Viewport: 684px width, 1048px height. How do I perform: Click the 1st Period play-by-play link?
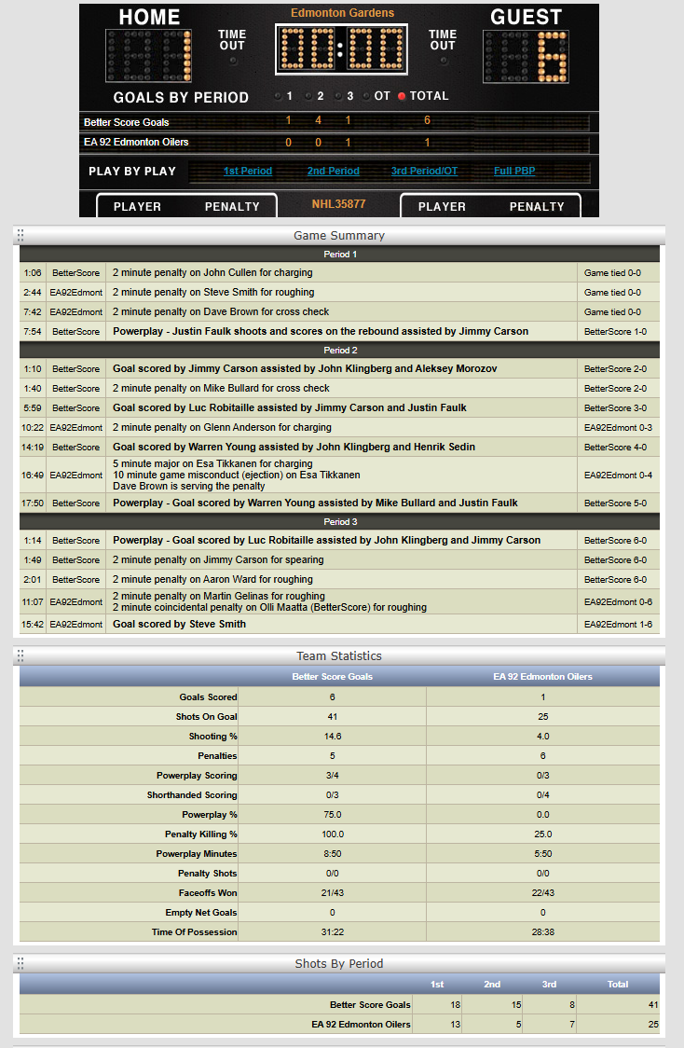(x=247, y=172)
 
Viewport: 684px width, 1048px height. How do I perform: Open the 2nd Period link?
(x=333, y=172)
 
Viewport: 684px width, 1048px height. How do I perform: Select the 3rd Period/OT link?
(x=424, y=172)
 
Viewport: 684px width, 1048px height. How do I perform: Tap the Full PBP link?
(x=514, y=172)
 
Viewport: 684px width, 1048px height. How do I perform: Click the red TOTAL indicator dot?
(x=403, y=96)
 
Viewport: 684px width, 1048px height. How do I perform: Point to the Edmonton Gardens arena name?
(x=342, y=13)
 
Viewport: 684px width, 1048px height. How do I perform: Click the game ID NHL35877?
(x=338, y=203)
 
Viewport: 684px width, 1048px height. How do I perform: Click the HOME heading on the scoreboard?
(x=150, y=18)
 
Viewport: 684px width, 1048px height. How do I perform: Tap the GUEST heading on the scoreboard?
(x=526, y=18)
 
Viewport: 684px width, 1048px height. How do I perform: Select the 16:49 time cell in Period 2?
(x=33, y=475)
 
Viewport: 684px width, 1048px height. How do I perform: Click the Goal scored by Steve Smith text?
(x=179, y=625)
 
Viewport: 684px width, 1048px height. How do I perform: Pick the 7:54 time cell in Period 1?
(x=33, y=331)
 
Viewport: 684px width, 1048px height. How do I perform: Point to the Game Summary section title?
(x=338, y=236)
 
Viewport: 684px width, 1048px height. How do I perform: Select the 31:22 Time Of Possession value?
(x=331, y=932)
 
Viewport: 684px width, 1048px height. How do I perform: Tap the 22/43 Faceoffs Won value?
(x=542, y=893)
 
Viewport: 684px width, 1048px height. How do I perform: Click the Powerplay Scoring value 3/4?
(x=331, y=776)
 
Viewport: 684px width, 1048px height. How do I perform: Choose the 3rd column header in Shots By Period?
(x=550, y=985)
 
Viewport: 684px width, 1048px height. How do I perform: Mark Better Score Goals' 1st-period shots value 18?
(x=437, y=1004)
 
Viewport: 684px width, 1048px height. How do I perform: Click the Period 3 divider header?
(x=339, y=522)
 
